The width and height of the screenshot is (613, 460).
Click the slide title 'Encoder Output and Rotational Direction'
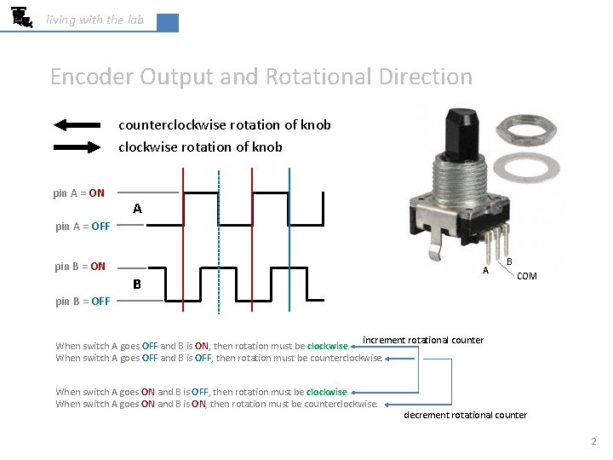click(261, 77)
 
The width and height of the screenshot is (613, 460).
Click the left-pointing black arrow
click(80, 125)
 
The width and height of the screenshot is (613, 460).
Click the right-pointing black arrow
click(80, 147)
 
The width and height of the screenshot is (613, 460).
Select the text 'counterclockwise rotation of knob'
click(224, 125)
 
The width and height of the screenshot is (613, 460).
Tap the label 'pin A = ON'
click(79, 193)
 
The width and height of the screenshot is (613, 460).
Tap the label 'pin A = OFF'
click(83, 227)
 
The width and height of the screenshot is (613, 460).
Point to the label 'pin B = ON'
click(80, 267)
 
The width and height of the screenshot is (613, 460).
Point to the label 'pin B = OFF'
click(83, 302)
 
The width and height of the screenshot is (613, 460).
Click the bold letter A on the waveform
click(137, 209)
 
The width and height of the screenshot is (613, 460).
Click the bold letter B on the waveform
click(137, 284)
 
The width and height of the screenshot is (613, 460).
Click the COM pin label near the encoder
click(527, 276)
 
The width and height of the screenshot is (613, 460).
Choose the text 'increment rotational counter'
click(423, 341)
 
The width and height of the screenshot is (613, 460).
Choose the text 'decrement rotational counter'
click(465, 415)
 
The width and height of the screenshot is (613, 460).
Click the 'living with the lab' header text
click(95, 20)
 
